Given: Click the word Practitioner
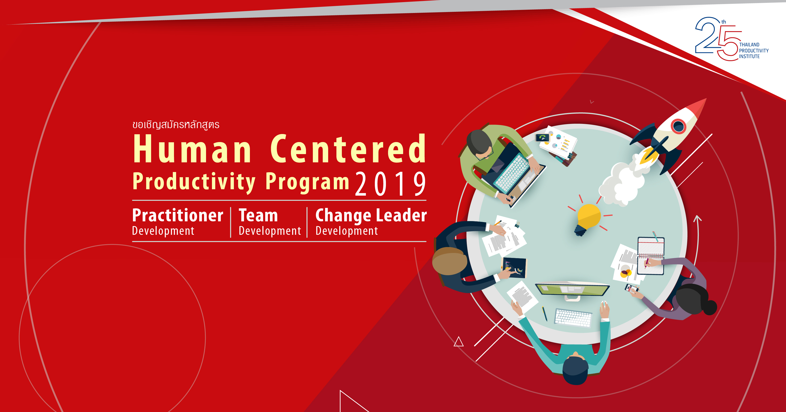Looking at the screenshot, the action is [178, 215].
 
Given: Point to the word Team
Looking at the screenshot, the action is [258, 215].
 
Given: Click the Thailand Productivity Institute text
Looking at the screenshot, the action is [754, 51].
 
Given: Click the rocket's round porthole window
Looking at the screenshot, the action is [678, 126].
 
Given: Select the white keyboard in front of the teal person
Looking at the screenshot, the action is [573, 318].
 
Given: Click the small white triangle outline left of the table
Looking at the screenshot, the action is [458, 341].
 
